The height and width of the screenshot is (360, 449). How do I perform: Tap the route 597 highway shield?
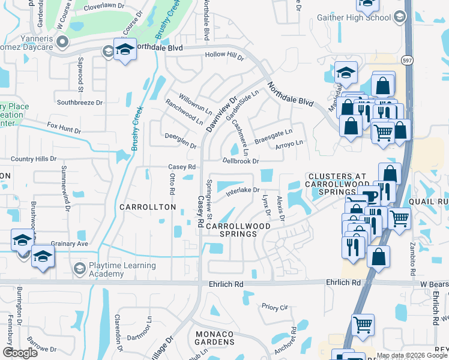coord(406,60)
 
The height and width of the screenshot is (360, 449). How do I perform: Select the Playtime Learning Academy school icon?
coord(79,267)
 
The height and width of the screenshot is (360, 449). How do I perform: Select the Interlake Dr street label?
coord(243,191)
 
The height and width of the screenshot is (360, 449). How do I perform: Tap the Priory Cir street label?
coord(275,307)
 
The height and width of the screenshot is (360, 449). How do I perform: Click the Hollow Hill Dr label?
coord(224,56)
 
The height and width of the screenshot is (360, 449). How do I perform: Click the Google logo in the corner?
coord(20,353)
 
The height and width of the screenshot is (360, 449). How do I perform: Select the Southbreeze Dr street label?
coord(80,103)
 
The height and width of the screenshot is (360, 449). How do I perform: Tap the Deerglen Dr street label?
coord(181,141)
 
